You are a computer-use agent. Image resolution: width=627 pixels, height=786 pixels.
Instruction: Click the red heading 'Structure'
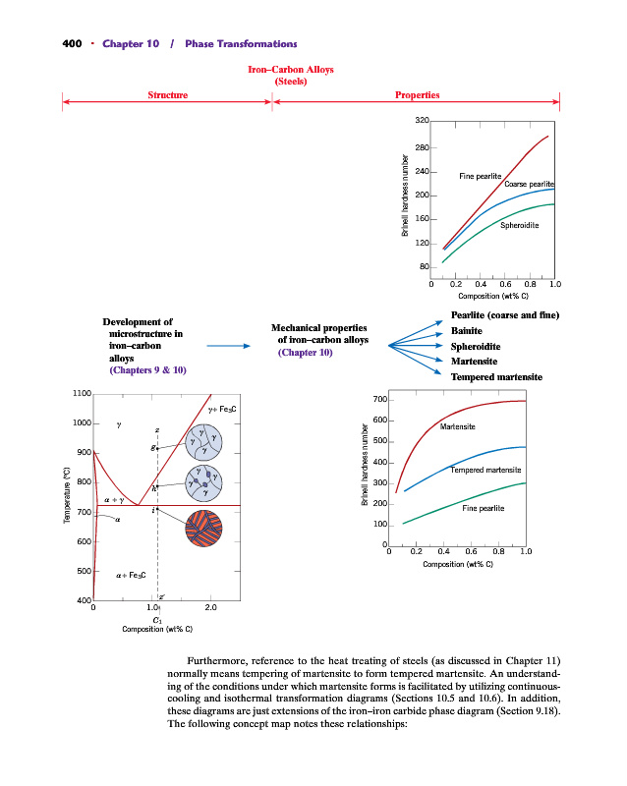click(x=168, y=95)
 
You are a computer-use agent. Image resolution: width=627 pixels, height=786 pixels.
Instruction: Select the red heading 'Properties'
click(x=417, y=95)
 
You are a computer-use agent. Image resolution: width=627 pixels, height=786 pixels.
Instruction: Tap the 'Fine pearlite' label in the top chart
click(x=481, y=175)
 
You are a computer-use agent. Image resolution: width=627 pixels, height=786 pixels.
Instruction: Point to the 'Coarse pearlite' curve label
click(x=530, y=185)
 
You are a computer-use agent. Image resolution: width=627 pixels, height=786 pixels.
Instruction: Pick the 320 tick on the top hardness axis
click(x=422, y=121)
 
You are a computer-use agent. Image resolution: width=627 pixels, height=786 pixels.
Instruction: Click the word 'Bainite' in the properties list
click(x=467, y=331)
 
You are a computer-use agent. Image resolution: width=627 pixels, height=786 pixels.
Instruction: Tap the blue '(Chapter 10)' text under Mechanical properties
click(x=307, y=352)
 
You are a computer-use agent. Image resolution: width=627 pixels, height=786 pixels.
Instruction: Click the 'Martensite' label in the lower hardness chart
click(x=459, y=426)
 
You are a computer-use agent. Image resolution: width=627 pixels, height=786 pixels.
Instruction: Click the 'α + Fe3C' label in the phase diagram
click(x=131, y=573)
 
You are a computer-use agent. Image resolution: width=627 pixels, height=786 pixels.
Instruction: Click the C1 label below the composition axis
click(x=157, y=620)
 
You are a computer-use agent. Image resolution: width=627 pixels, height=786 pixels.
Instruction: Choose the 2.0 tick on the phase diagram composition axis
click(x=212, y=608)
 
